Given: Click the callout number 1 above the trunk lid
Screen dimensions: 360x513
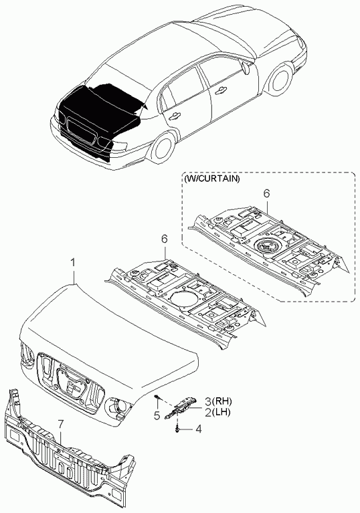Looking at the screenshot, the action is point(74,264).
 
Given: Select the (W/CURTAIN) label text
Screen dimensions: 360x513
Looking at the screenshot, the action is point(211,179).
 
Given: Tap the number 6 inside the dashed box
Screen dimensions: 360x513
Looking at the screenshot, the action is point(267,193).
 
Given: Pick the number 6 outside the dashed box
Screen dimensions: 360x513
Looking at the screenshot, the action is point(165,239).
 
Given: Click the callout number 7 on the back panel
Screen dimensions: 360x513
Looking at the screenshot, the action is point(60,424).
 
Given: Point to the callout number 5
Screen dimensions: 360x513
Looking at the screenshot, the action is point(157,416).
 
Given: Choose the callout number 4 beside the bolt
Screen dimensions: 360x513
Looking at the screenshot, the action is point(198,429).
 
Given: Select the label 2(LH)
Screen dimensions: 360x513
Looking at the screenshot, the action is point(217,413).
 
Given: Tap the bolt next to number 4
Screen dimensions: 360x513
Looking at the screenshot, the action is point(177,428).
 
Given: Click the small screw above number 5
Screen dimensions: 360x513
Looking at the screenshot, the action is point(158,397).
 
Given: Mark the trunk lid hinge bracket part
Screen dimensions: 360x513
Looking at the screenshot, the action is point(181,405).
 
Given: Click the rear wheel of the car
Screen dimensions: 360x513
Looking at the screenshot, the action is point(163,147).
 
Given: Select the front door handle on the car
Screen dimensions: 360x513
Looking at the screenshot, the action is point(220,91).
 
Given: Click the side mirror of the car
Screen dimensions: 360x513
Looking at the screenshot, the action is point(245,68).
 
